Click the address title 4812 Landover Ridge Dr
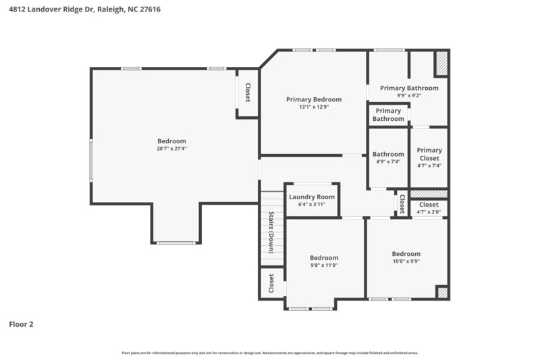84,10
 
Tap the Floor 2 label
21,324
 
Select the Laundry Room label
312,197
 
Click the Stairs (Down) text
271,232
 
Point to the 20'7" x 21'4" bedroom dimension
171,149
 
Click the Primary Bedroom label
314,99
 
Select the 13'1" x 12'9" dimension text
314,107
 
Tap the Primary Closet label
429,154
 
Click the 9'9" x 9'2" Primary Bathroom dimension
409,96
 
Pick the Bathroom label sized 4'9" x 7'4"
388,154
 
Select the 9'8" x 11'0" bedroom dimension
324,265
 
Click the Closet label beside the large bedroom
248,93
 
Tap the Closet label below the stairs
271,282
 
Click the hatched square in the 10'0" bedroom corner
441,292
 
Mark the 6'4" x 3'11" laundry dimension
312,205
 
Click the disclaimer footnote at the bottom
270,353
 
